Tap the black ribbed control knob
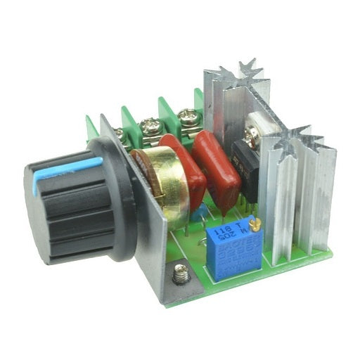(x=70, y=211)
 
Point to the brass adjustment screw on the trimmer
(x=257, y=223)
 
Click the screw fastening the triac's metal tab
(x=252, y=131)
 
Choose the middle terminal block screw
(x=150, y=127)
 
